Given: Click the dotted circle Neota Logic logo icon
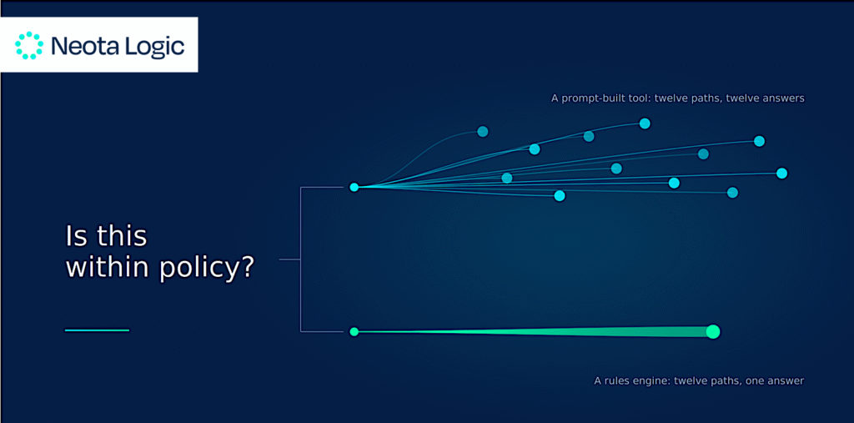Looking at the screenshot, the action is point(29,45).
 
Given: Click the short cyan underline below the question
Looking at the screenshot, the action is point(97,330).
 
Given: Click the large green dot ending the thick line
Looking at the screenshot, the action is point(713,331).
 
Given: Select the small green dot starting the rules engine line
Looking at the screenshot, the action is point(354,331).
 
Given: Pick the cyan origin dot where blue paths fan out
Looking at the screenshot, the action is point(354,188).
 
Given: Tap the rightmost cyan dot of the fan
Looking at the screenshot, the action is point(781,174).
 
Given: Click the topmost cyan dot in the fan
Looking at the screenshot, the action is point(645,123).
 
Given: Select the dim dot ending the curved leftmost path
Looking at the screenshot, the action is point(483,131).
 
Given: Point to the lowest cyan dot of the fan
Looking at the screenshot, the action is point(560,196).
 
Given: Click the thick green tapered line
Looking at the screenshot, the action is point(533,331).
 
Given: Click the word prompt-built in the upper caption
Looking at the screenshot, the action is point(585,98).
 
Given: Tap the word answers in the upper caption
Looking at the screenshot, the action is point(786,98).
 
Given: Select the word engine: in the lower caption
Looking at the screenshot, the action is point(653,381).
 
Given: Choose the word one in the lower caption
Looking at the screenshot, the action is point(754,381).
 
